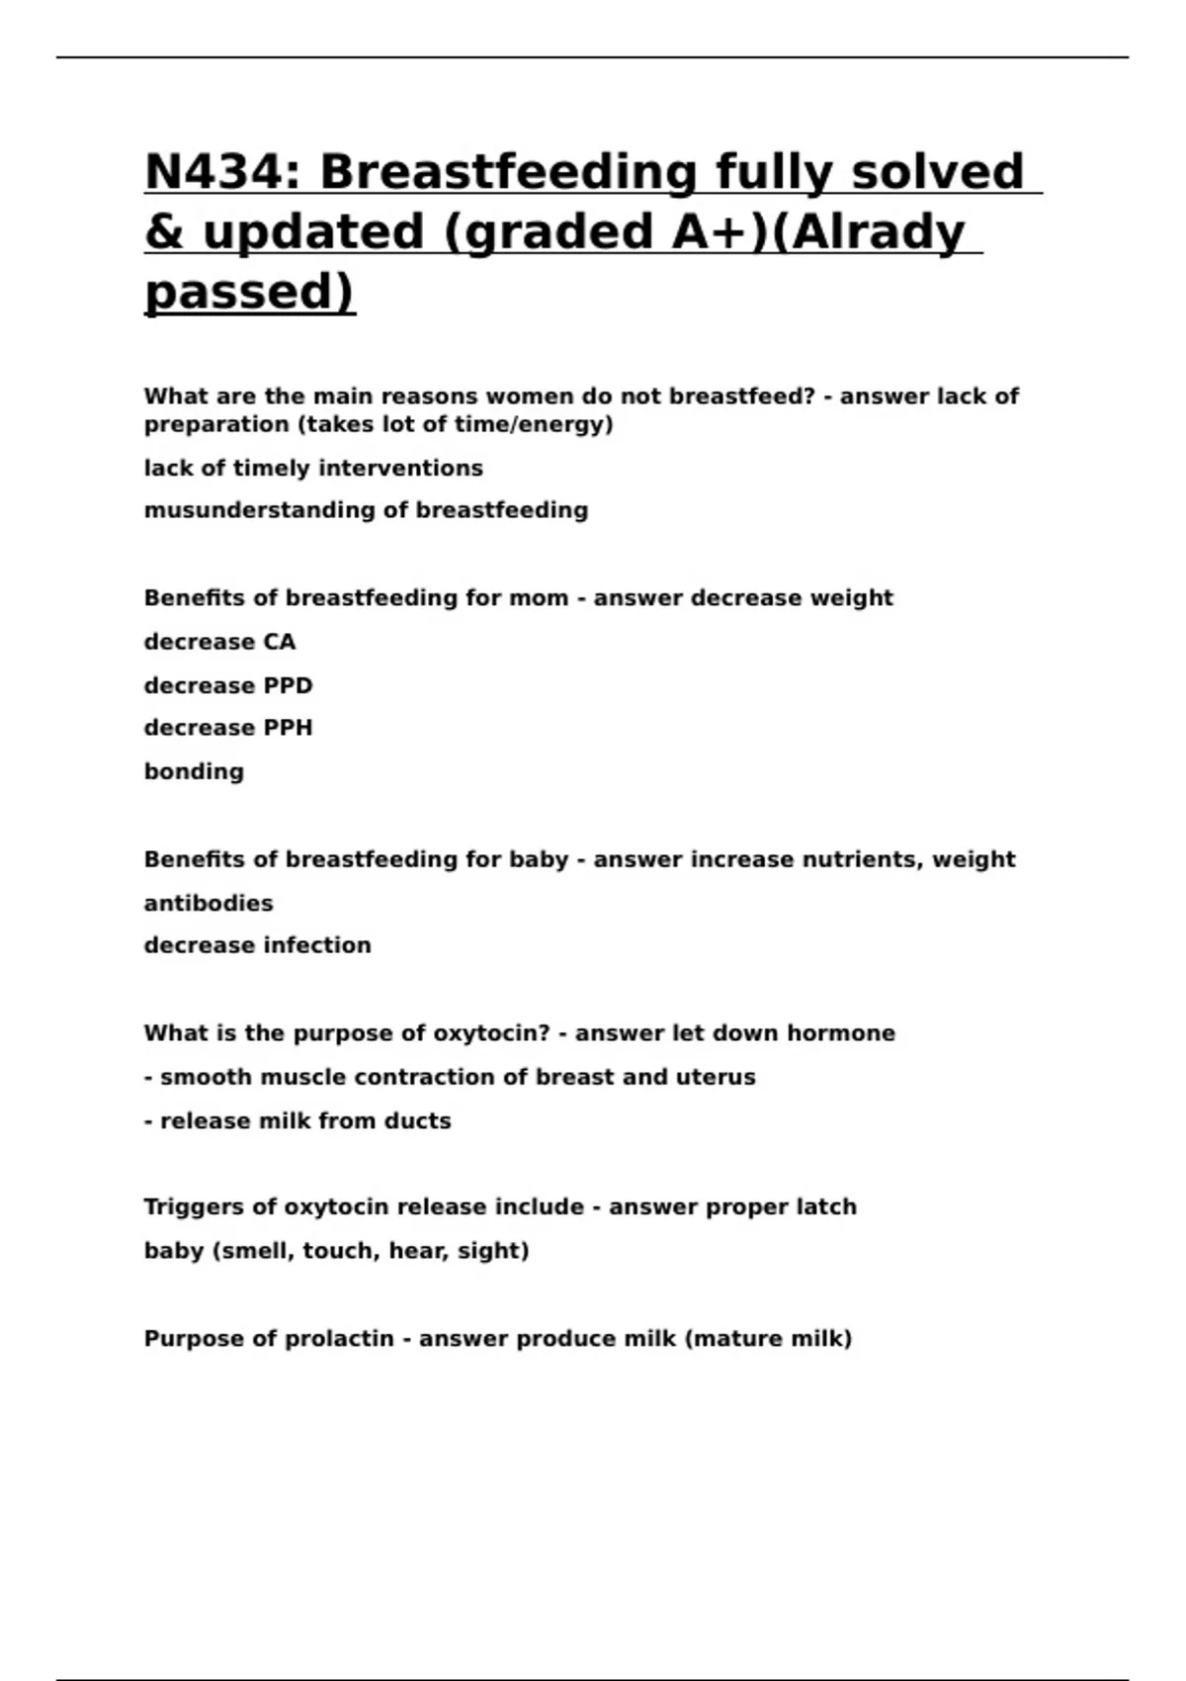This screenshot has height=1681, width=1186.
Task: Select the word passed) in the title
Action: point(249,292)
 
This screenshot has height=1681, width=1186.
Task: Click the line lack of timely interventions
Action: point(313,469)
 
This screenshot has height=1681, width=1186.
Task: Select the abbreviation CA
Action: point(280,643)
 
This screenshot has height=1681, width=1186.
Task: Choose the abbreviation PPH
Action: point(288,728)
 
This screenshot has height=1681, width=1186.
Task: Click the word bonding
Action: point(194,771)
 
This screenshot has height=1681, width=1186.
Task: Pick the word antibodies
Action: point(209,904)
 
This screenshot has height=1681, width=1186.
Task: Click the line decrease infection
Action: point(257,945)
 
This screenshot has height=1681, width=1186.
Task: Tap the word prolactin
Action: point(339,1339)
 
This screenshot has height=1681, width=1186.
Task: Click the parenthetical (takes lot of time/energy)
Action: point(379,425)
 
